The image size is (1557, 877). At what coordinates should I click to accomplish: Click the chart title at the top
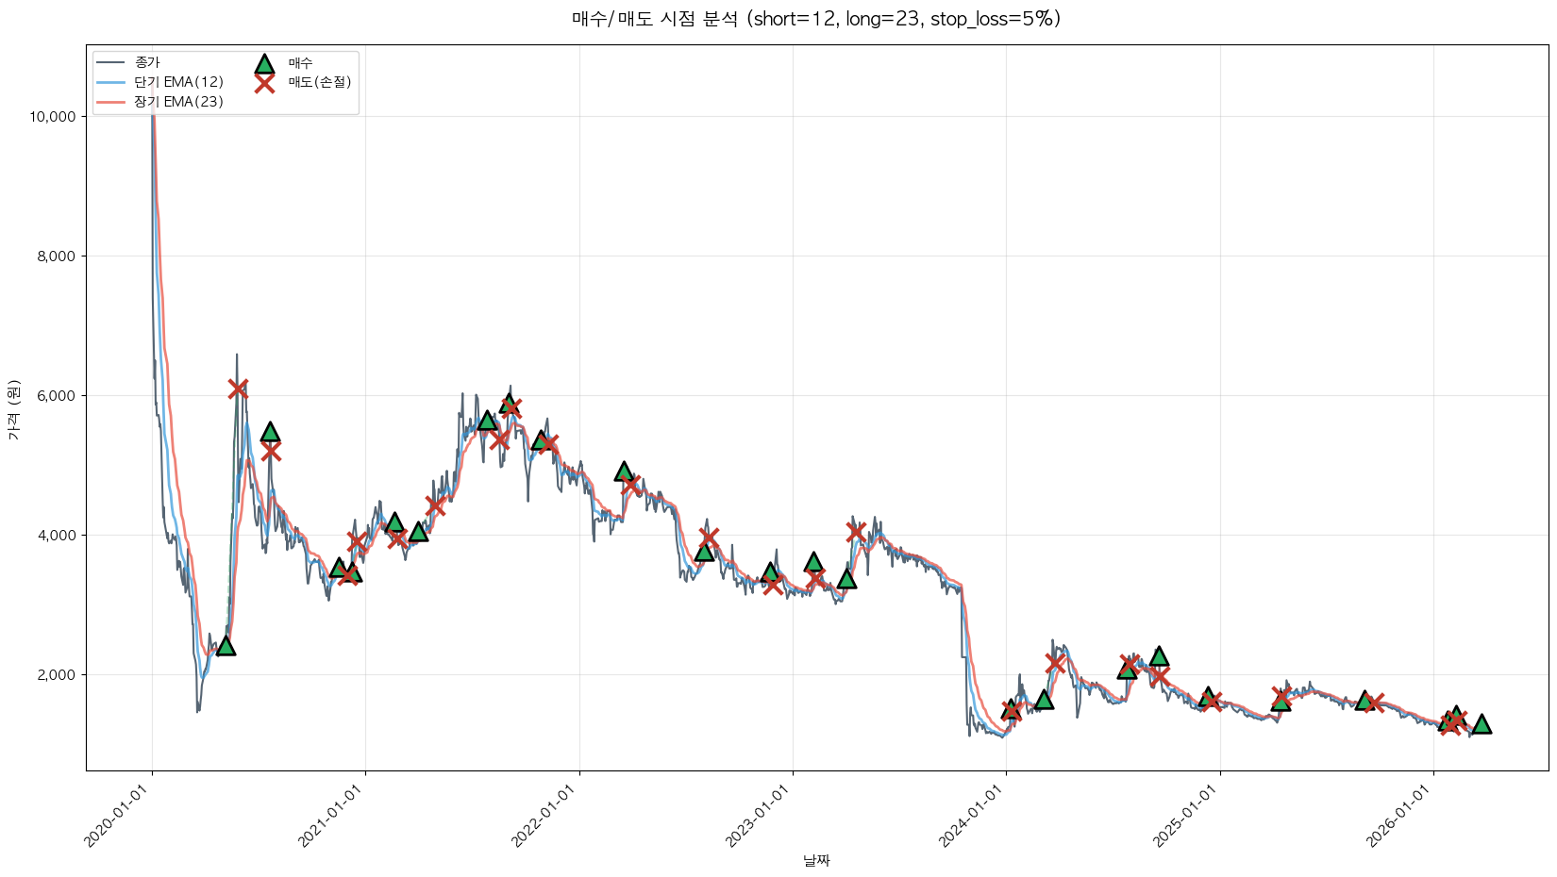(816, 19)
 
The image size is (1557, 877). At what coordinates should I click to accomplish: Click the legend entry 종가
(147, 62)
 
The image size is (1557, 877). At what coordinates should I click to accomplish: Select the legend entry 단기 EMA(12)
(178, 82)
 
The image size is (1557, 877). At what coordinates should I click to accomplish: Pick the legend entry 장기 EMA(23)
(178, 102)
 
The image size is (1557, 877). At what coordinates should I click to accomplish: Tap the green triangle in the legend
(264, 63)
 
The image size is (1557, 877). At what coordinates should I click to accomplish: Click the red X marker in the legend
(264, 83)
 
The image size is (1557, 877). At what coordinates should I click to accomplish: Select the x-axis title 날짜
(816, 860)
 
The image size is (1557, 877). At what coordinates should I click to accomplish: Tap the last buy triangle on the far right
(1482, 723)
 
